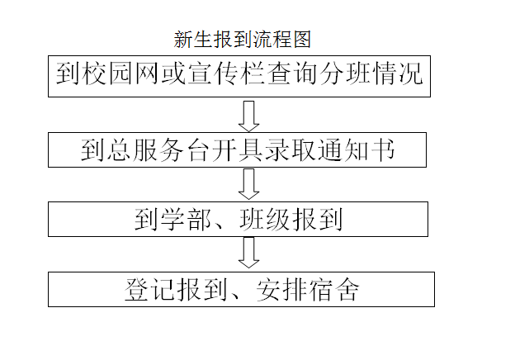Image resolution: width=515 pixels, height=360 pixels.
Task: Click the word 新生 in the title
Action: pos(193,40)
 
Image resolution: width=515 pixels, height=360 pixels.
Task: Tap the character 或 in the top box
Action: pos(174,73)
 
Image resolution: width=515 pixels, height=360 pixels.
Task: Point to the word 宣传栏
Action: pos(226,73)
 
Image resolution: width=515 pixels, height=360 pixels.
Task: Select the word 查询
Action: pos(291,73)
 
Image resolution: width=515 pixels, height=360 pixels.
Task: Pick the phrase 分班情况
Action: pos(371,73)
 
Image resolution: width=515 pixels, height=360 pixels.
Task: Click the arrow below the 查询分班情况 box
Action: pos(248,116)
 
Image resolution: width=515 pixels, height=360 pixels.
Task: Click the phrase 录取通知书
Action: pos(330,150)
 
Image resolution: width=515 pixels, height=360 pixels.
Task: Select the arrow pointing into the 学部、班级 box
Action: pos(248,184)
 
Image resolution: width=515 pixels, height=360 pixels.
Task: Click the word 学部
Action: pos(186,220)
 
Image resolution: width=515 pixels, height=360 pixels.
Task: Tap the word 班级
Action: pos(265,220)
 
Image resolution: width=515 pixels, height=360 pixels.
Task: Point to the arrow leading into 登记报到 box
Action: pos(248,253)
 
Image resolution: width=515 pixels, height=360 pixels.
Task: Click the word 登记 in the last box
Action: pos(150,290)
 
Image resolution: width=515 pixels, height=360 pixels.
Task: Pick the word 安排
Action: pos(281,290)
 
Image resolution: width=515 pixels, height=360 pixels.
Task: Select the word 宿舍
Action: pos(333,290)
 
